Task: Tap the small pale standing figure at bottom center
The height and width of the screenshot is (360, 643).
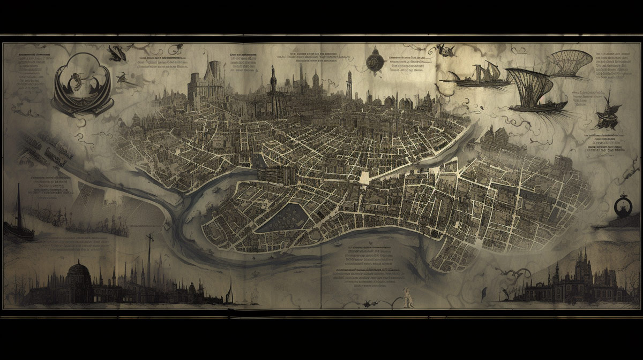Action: coord(407,297)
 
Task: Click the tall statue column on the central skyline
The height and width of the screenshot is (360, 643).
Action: coord(273,91)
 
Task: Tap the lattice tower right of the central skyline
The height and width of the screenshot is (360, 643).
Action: coord(349,86)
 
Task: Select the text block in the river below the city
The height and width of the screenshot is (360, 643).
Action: coord(370,265)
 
